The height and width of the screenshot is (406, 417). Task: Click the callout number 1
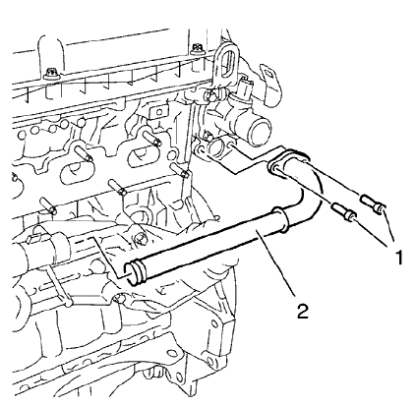click(x=397, y=258)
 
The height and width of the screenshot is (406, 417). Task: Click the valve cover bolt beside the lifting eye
click(x=199, y=49)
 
